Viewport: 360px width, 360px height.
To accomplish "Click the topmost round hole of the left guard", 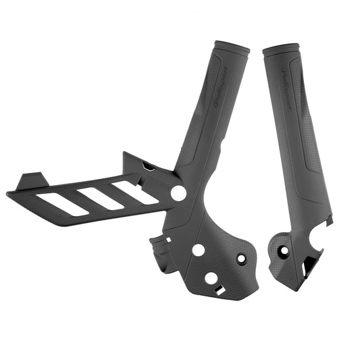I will pos(178,193).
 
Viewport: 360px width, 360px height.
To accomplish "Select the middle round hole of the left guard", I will pos(198,249).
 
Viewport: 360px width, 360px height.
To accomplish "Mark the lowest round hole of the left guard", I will pos(211,278).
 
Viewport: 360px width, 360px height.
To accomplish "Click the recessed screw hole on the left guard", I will pos(241,258).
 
